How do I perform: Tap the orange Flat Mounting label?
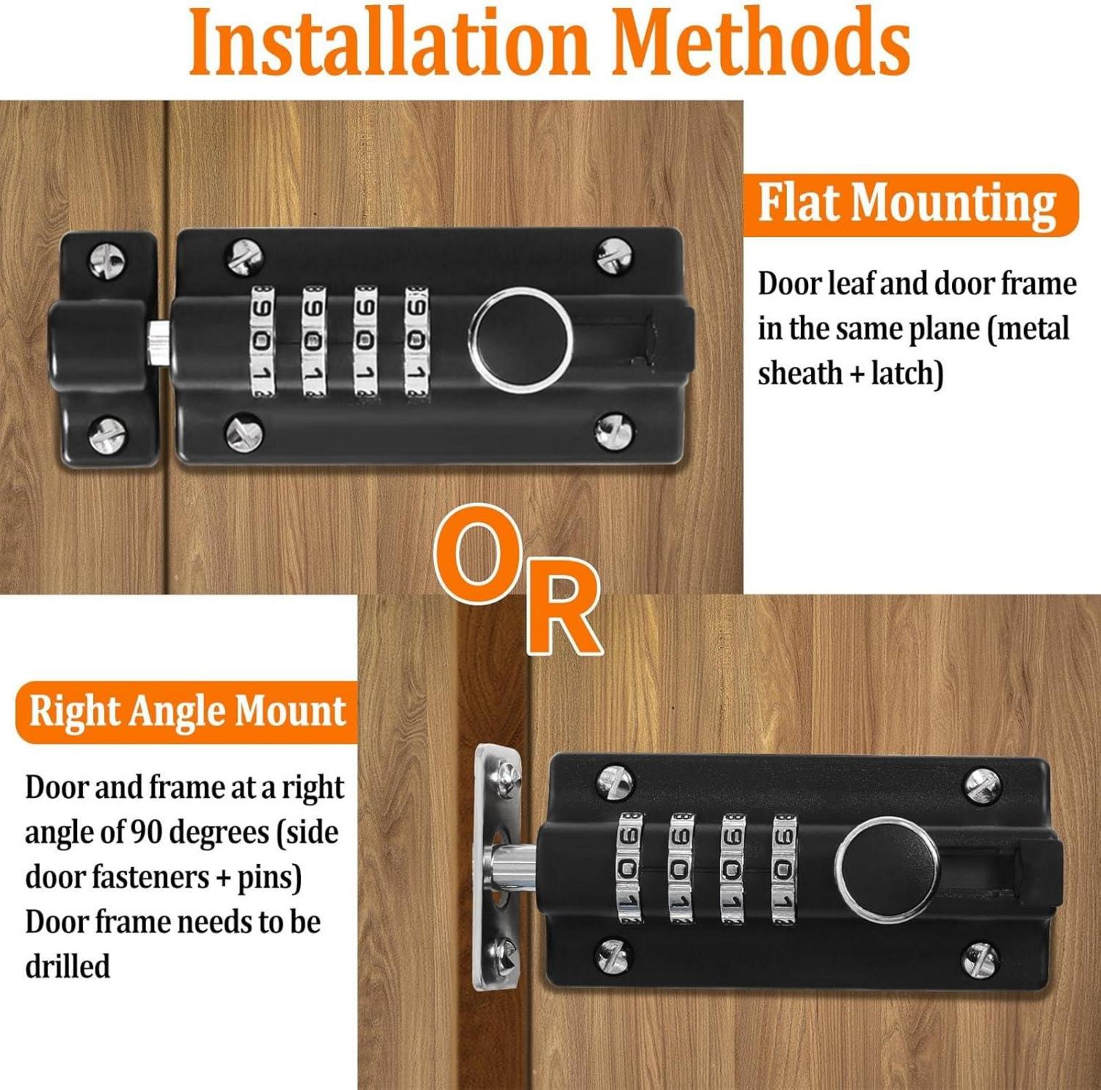click(910, 204)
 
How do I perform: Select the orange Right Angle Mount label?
click(187, 712)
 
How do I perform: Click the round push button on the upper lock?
click(521, 339)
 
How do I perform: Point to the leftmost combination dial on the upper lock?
click(262, 341)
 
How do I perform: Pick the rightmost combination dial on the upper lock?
click(417, 341)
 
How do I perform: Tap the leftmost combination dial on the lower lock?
click(629, 868)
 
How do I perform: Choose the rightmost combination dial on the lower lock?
click(784, 868)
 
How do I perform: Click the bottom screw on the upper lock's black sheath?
click(107, 434)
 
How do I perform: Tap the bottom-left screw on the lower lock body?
click(614, 956)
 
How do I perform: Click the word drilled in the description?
click(68, 966)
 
